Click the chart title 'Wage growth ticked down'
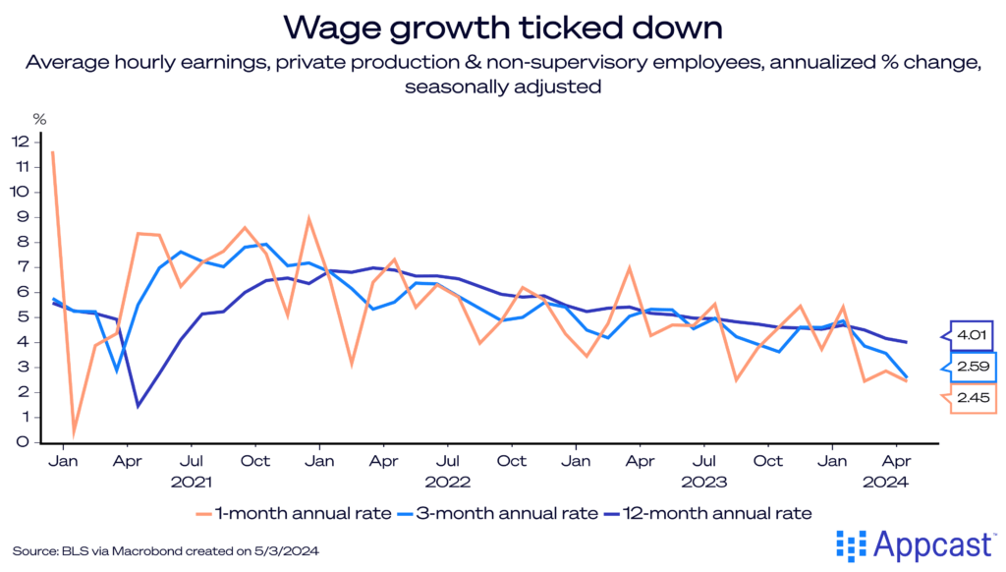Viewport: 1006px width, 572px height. pos(502,26)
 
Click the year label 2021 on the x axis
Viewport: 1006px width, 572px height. pos(194,482)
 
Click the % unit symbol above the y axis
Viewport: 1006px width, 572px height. pos(40,119)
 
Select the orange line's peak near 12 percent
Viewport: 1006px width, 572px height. pos(52,152)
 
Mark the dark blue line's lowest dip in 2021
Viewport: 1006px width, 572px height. pos(139,405)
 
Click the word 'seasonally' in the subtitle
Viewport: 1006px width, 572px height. pos(449,86)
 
